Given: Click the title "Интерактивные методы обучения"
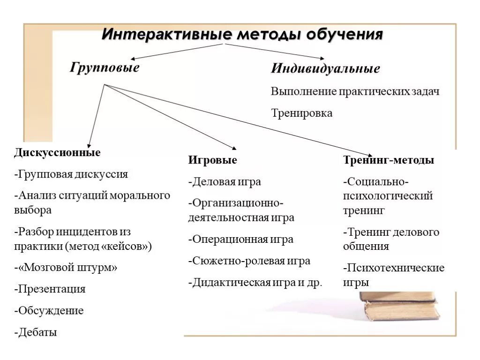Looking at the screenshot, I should (x=242, y=35).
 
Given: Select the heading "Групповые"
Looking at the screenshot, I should (x=105, y=67).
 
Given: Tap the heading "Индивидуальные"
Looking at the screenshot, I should (x=325, y=68).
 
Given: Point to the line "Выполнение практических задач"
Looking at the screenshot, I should (x=355, y=91).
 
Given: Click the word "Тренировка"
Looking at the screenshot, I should (x=301, y=113).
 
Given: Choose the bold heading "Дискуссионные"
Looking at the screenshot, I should (x=57, y=153).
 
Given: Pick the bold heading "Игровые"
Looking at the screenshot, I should (x=212, y=160).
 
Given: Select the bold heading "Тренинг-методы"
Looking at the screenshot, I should (x=388, y=160).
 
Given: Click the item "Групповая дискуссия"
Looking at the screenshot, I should (x=71, y=174).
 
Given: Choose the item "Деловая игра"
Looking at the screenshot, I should (x=225, y=182).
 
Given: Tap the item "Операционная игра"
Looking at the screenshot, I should (x=241, y=239).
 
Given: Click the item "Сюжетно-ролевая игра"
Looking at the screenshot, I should (x=249, y=261).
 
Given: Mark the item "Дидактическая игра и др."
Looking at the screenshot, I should (x=255, y=283).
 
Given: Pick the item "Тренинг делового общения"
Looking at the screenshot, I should (x=391, y=239).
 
